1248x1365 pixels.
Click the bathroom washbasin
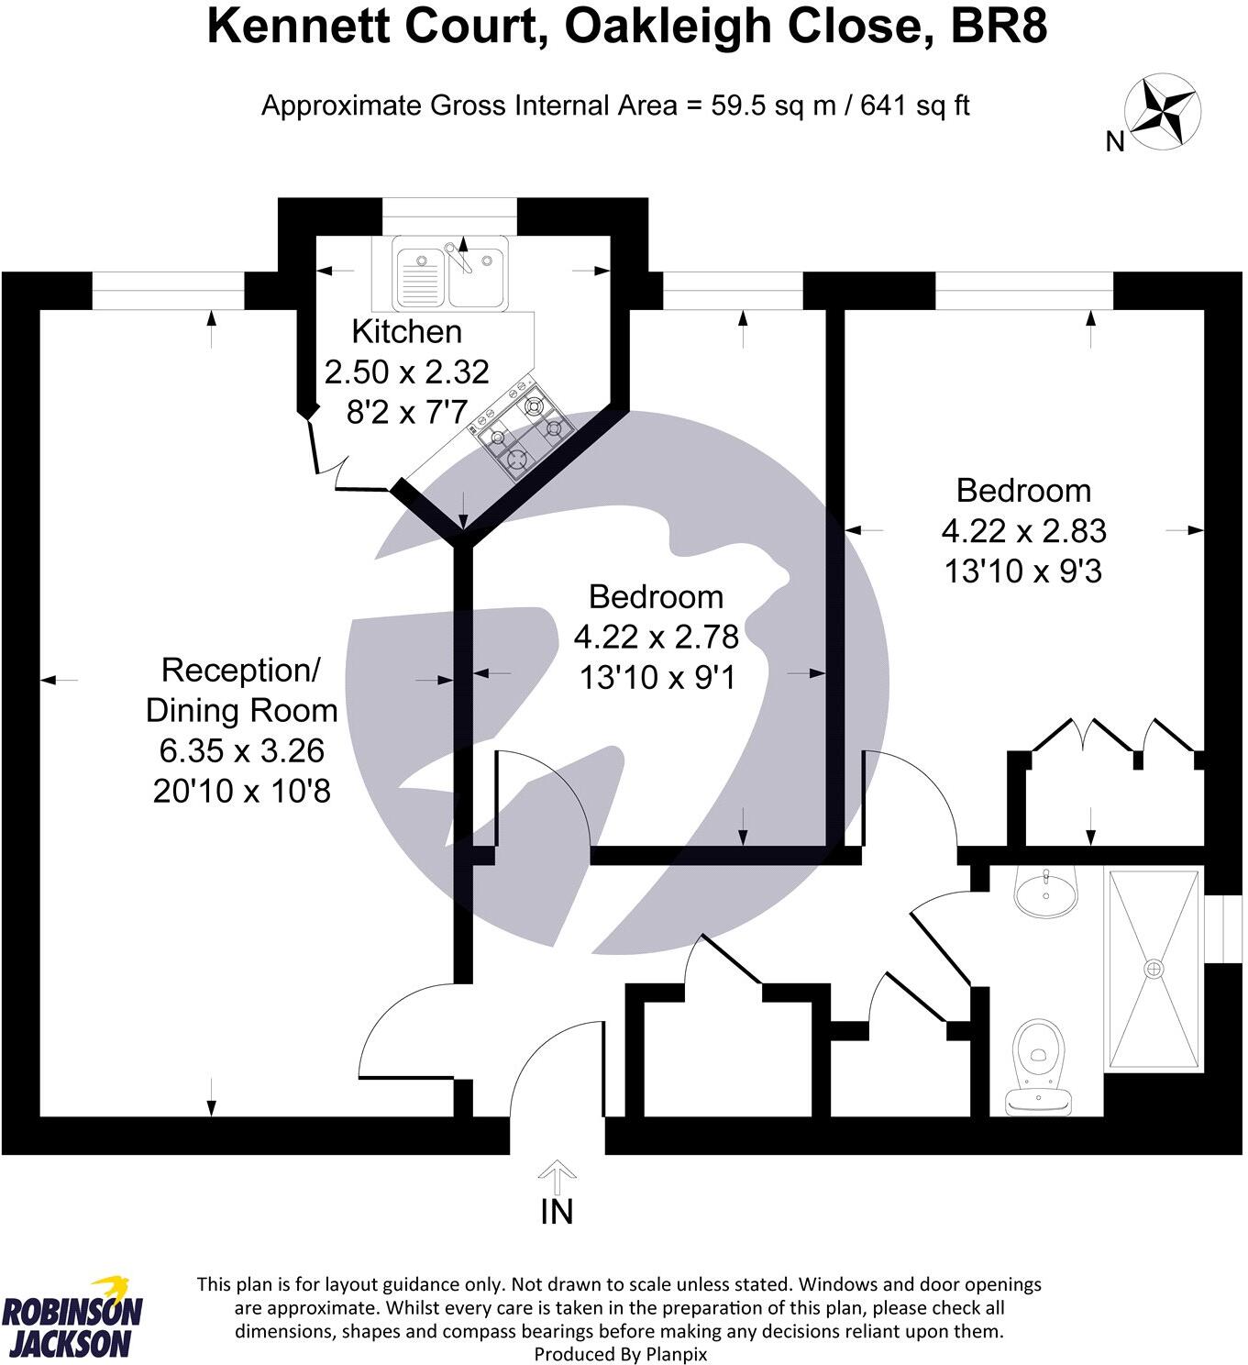tap(1045, 890)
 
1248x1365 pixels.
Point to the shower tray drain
tap(1154, 968)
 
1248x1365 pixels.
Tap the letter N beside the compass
tap(1115, 142)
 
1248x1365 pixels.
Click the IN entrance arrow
tap(556, 1178)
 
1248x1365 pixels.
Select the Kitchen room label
tap(406, 331)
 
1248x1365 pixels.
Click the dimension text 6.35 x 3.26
tap(242, 750)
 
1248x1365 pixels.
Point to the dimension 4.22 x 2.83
tap(1023, 531)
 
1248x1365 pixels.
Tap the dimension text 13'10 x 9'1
tap(657, 678)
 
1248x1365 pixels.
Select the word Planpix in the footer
tap(678, 1353)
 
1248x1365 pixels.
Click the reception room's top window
tap(168, 293)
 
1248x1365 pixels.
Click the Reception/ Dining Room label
tap(242, 690)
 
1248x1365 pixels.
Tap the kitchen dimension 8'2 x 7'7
tap(406, 413)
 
